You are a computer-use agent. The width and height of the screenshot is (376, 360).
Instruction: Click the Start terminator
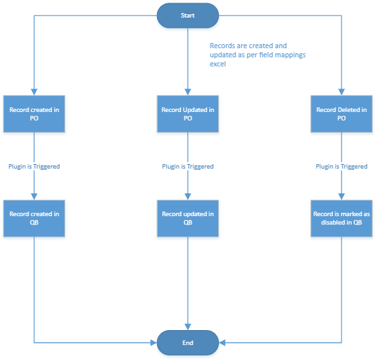(188, 16)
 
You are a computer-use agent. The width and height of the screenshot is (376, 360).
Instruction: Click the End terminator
(188, 343)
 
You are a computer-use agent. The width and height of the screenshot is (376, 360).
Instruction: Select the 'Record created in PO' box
(34, 114)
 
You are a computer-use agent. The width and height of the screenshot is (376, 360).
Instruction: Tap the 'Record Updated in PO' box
(188, 114)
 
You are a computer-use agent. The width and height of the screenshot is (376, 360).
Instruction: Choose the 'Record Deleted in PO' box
(341, 114)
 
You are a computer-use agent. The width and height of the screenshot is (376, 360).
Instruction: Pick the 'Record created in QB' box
(34, 219)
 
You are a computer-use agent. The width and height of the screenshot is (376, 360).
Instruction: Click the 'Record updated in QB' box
(188, 219)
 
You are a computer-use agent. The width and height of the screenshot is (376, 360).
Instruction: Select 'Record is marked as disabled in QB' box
(341, 219)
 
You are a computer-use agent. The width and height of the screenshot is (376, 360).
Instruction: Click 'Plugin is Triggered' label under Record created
(34, 167)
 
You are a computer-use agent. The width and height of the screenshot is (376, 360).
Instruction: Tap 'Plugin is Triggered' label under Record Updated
(188, 167)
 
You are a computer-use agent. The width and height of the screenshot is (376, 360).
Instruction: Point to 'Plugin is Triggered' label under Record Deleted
(341, 167)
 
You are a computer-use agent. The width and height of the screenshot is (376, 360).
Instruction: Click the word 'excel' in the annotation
(218, 64)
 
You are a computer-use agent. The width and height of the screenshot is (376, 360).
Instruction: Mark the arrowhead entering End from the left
(154, 343)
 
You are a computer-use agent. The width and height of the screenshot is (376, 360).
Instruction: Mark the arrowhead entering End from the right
(222, 343)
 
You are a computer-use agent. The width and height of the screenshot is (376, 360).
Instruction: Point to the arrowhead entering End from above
(188, 327)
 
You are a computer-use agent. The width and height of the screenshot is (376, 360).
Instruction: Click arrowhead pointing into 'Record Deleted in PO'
(341, 92)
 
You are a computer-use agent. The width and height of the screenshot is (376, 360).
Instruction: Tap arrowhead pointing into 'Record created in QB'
(34, 197)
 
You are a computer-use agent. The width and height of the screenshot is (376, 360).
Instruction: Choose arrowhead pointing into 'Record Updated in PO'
(188, 92)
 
